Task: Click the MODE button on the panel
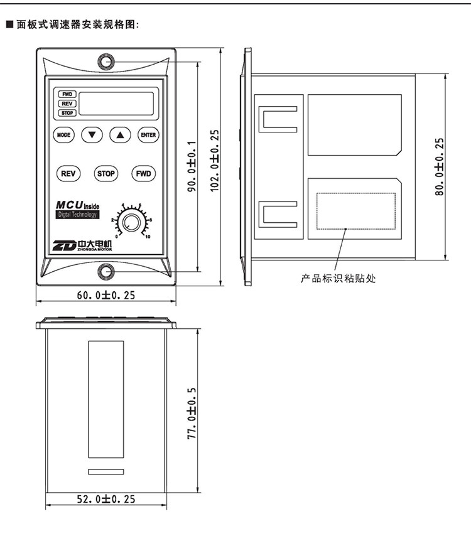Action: point(63,134)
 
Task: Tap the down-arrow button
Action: point(92,134)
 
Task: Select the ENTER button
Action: point(148,134)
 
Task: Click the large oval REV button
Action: point(68,174)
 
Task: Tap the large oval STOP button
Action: point(106,174)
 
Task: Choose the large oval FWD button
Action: point(144,174)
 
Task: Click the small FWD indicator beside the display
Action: point(67,94)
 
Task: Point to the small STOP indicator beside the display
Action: point(67,113)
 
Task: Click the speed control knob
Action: point(131,222)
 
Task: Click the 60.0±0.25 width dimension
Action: point(106,295)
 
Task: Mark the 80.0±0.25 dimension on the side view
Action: point(440,166)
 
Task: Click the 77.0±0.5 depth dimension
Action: point(192,413)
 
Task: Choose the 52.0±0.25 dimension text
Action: point(106,499)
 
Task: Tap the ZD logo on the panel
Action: point(64,245)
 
